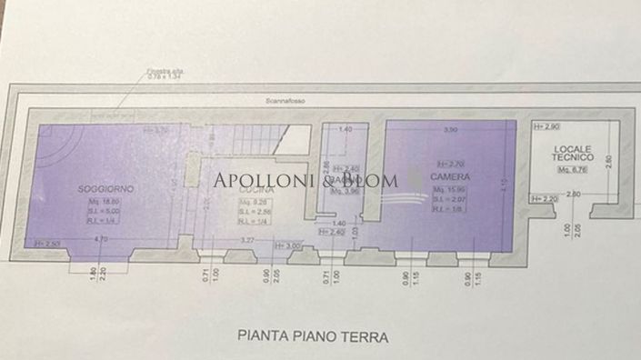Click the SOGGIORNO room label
[106, 187]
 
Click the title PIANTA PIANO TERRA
[313, 336]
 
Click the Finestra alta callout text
[166, 70]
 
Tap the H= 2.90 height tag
[545, 124]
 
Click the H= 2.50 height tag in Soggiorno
[46, 244]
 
